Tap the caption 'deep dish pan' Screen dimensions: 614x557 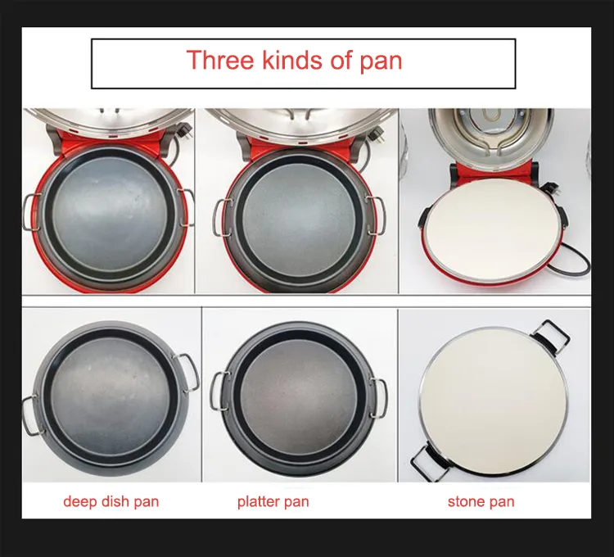point(111,502)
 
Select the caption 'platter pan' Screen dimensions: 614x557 point(273,502)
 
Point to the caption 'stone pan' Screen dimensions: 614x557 point(481,501)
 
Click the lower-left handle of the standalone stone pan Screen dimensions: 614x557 point(427,461)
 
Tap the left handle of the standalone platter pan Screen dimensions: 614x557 point(216,391)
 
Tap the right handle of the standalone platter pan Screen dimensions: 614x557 point(379,398)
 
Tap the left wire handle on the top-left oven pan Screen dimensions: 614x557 point(31,211)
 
